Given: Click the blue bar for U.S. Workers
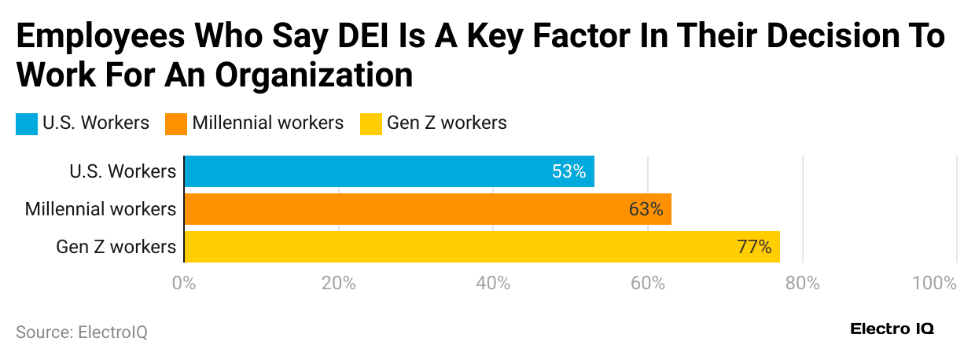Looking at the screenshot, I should (x=388, y=171).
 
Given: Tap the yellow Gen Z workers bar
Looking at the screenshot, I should (x=481, y=247).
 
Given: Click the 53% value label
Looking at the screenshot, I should (x=568, y=171).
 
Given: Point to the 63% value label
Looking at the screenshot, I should (x=646, y=209).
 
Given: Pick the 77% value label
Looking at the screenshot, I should (x=754, y=247).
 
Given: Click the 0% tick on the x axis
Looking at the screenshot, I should (x=184, y=283).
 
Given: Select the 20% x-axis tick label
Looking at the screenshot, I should (x=339, y=283).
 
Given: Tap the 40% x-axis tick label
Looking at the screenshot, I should (x=493, y=283).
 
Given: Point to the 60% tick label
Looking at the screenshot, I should (x=647, y=283).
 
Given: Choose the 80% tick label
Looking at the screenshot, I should (x=801, y=283).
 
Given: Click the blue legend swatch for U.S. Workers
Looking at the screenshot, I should (x=27, y=123).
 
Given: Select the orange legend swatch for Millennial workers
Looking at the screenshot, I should (x=176, y=123).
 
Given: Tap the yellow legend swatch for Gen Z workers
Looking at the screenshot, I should (x=370, y=123).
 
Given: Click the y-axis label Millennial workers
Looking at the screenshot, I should (x=100, y=209).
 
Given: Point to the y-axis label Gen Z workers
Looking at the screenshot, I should (x=116, y=247).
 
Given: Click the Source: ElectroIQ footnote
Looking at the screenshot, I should (x=82, y=332).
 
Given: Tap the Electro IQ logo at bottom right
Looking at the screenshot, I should (x=892, y=329).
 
